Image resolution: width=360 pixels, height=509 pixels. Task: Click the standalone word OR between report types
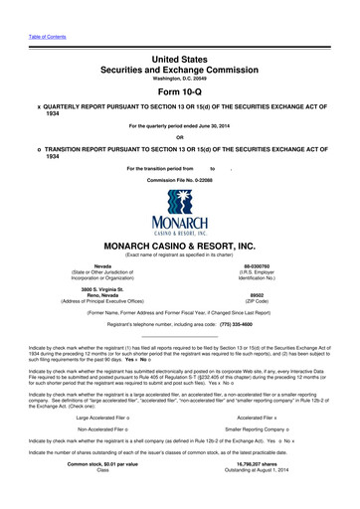click(180, 137)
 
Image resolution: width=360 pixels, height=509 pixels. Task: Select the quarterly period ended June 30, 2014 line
click(180, 126)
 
